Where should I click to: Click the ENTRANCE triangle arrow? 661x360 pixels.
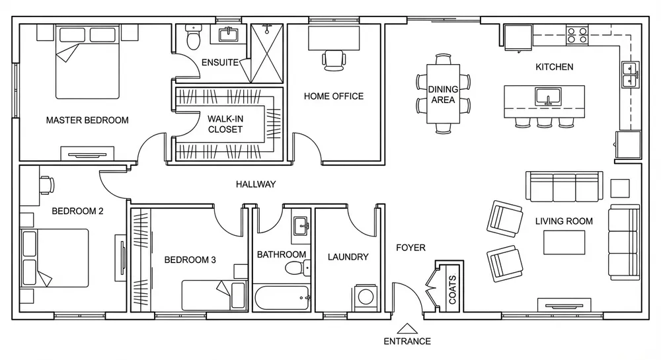tap(407, 328)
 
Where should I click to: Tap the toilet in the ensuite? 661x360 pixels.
tap(194, 38)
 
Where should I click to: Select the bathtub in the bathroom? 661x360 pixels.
tap(282, 298)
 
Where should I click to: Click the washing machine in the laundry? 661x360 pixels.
tap(366, 297)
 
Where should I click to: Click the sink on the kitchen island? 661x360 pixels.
tap(548, 97)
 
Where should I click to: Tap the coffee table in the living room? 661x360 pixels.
tap(564, 242)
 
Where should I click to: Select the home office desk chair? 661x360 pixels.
tap(334, 60)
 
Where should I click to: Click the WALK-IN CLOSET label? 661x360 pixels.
tap(225, 124)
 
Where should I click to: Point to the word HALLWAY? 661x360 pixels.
tap(256, 184)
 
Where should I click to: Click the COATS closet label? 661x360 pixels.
tap(452, 290)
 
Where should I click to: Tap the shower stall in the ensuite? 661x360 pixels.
tap(267, 54)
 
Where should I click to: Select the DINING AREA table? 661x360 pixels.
tap(443, 94)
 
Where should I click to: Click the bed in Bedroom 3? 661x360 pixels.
tap(214, 295)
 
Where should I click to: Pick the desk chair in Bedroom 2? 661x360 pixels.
tap(47, 185)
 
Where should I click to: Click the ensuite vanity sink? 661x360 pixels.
tap(229, 34)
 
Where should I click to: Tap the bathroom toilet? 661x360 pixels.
tap(298, 268)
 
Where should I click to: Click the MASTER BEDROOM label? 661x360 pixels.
tap(87, 120)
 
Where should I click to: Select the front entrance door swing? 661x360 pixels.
tap(408, 297)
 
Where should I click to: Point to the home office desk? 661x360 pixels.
tap(334, 38)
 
